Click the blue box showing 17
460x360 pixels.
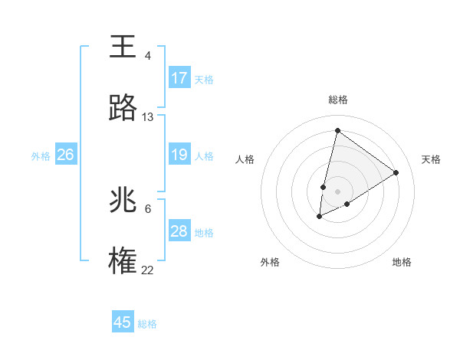[179, 78]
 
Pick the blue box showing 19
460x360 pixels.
[179, 155]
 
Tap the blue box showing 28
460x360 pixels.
[179, 231]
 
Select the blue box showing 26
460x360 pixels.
[65, 155]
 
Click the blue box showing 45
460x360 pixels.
[123, 322]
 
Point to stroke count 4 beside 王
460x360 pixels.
[148, 56]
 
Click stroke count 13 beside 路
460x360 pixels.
[148, 117]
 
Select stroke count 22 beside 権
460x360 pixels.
[148, 270]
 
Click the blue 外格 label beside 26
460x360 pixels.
[41, 156]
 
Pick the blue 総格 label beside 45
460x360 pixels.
[147, 324]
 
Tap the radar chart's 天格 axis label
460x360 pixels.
[431, 159]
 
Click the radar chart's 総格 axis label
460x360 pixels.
[338, 100]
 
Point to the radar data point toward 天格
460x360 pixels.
[396, 172]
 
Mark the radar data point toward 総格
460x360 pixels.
[337, 130]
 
